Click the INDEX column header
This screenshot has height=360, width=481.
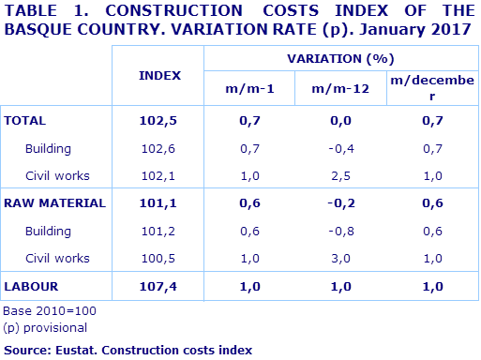pyautogui.click(x=159, y=74)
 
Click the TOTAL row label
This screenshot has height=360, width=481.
pyautogui.click(x=25, y=121)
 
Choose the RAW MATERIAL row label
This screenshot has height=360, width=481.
pyautogui.click(x=55, y=202)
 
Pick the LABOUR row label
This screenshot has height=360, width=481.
pyautogui.click(x=31, y=284)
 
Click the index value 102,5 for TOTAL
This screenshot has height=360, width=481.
pyautogui.click(x=159, y=121)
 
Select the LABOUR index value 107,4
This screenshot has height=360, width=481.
pyautogui.click(x=159, y=284)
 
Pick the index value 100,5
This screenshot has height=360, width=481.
pyautogui.click(x=159, y=257)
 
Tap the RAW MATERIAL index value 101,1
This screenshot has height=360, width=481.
pyautogui.click(x=159, y=202)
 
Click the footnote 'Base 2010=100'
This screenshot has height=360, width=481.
pyautogui.click(x=50, y=310)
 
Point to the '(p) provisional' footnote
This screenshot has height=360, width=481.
pyautogui.click(x=45, y=327)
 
